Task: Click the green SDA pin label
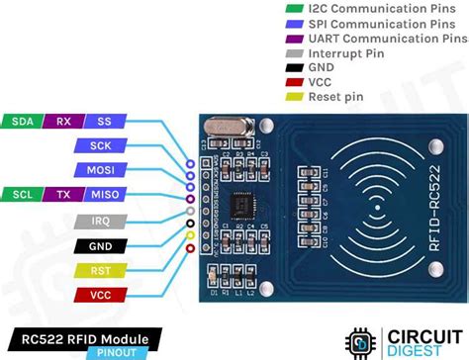tap(21, 121)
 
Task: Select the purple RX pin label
tap(62, 121)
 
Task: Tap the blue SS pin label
tap(102, 121)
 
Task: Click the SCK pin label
tap(102, 145)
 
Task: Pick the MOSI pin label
tap(102, 169)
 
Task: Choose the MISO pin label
tap(102, 194)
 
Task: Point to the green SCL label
tap(21, 194)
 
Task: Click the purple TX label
tap(62, 194)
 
